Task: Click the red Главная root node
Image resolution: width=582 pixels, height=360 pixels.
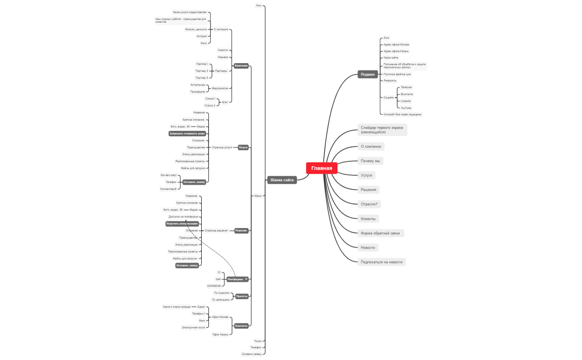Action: pyautogui.click(x=321, y=168)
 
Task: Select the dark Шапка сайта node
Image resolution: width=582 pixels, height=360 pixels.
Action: pyautogui.click(x=282, y=180)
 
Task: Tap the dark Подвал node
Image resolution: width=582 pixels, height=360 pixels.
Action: pyautogui.click(x=367, y=74)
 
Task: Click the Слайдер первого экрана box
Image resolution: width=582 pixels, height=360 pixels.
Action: pyautogui.click(x=382, y=130)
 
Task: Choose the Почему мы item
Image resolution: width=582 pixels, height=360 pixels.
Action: pyautogui.click(x=370, y=161)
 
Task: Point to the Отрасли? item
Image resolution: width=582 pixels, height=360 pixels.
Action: pyautogui.click(x=369, y=204)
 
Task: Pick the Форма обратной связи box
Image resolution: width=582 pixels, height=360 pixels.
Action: pyautogui.click(x=380, y=233)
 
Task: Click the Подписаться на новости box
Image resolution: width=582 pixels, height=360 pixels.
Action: pyautogui.click(x=381, y=262)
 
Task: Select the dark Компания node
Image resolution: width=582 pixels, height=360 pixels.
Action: pyautogui.click(x=241, y=66)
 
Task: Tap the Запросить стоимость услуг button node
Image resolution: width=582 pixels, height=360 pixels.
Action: pyautogui.click(x=187, y=133)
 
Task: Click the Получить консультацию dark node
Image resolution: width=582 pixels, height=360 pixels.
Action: pyautogui.click(x=182, y=224)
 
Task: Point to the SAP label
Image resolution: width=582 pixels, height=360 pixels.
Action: pyautogui.click(x=218, y=279)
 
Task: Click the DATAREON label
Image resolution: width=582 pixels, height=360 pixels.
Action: pyautogui.click(x=214, y=286)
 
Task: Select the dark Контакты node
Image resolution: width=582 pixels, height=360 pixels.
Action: pyautogui.click(x=241, y=326)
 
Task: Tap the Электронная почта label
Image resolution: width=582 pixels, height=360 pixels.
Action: pyautogui.click(x=193, y=327)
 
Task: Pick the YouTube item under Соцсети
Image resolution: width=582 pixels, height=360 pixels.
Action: pyautogui.click(x=406, y=108)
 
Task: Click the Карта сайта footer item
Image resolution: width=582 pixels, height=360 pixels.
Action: pyautogui.click(x=391, y=58)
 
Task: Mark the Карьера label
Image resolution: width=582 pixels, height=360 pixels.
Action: pyautogui.click(x=223, y=57)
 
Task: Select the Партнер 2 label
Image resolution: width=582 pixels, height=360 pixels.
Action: pyautogui.click(x=202, y=71)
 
